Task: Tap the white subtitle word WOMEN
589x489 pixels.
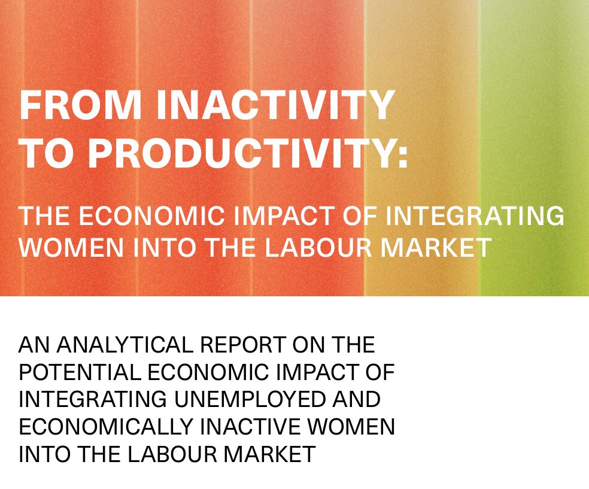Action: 71,247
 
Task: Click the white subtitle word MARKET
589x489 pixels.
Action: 436,247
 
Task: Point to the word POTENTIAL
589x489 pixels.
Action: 79,372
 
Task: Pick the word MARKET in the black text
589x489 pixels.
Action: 269,454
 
